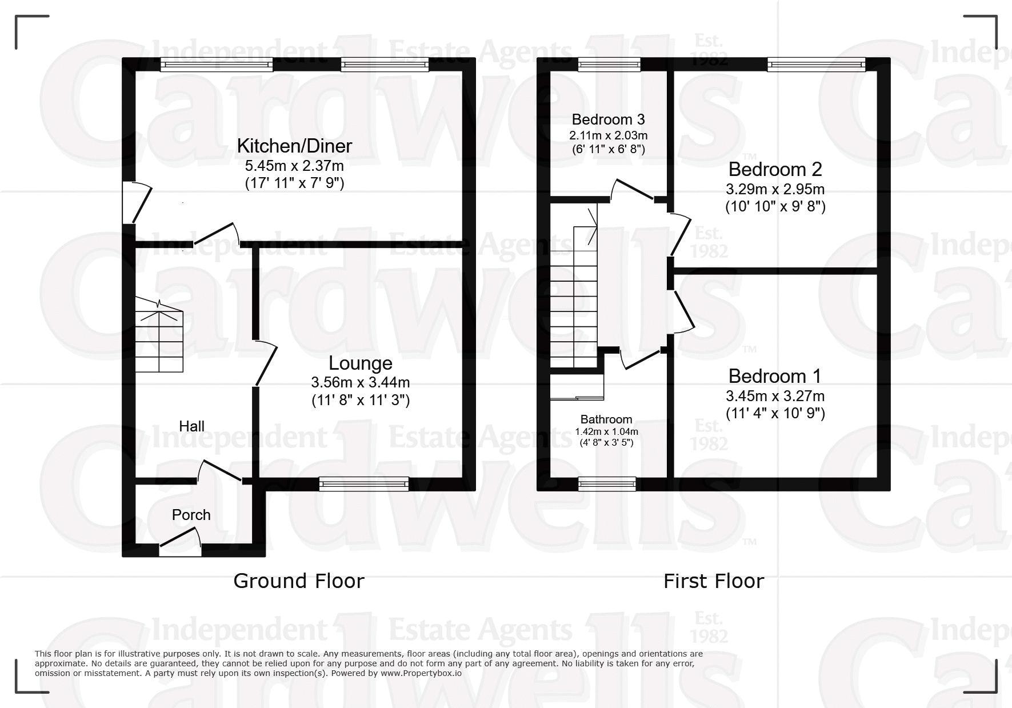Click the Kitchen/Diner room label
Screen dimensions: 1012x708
pyautogui.click(x=294, y=146)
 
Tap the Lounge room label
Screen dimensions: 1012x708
pyautogui.click(x=361, y=363)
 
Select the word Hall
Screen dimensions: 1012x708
pyautogui.click(x=191, y=426)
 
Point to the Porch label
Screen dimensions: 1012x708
pyautogui.click(x=191, y=515)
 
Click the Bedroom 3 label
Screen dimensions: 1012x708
pyautogui.click(x=609, y=119)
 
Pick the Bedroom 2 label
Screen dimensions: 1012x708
pyautogui.click(x=775, y=169)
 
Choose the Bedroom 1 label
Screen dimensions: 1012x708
pyautogui.click(x=775, y=376)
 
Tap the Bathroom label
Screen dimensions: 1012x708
pyautogui.click(x=606, y=419)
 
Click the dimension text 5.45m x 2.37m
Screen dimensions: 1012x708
pyautogui.click(x=294, y=166)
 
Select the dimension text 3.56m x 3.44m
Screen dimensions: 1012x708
pyautogui.click(x=361, y=383)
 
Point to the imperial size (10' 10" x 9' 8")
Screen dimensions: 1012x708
pyautogui.click(x=775, y=206)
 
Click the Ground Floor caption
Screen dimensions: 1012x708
pyautogui.click(x=299, y=581)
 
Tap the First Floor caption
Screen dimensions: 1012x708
pyautogui.click(x=714, y=581)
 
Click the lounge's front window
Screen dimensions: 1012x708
pyautogui.click(x=364, y=484)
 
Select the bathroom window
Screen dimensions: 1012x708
pyautogui.click(x=607, y=484)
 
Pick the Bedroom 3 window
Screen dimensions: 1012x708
pyautogui.click(x=609, y=65)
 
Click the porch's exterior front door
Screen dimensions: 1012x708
pyautogui.click(x=180, y=543)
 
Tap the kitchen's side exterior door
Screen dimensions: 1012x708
pyautogui.click(x=137, y=202)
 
